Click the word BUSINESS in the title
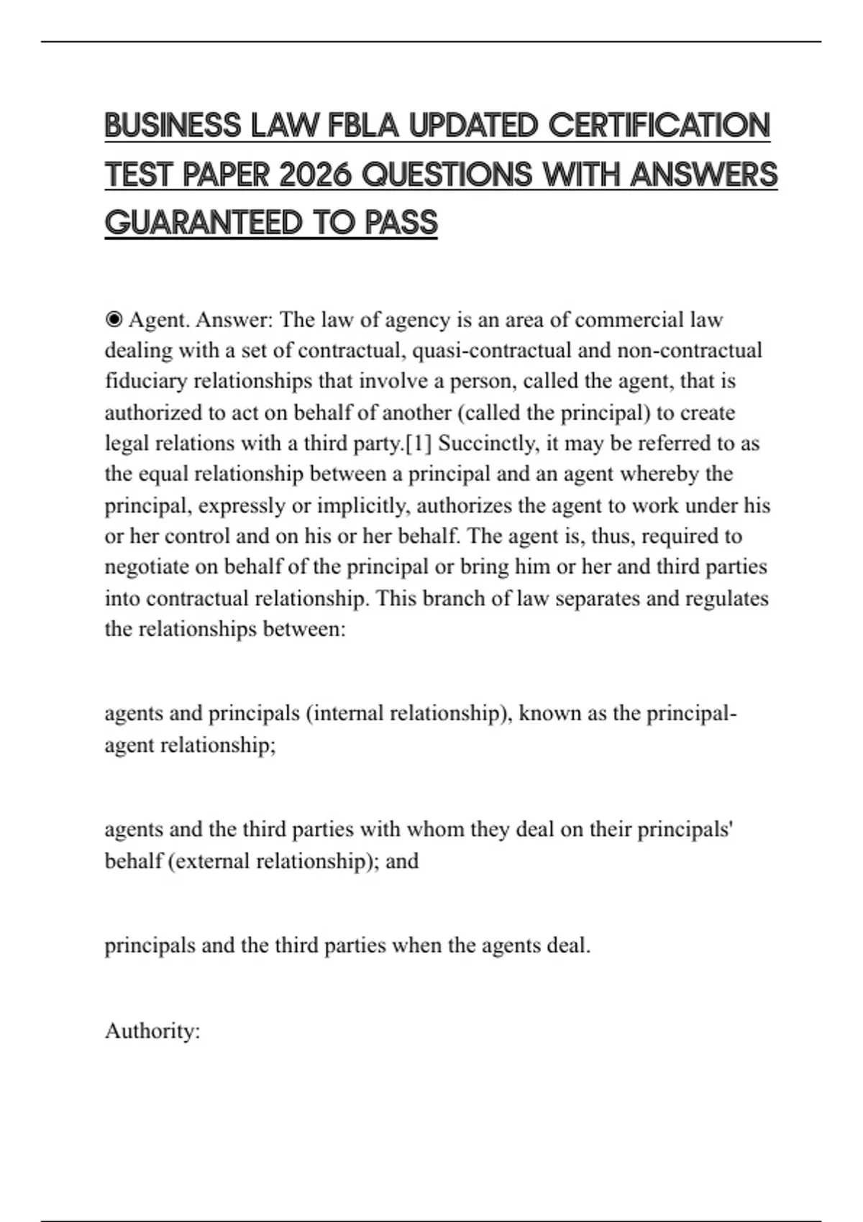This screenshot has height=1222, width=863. [173, 126]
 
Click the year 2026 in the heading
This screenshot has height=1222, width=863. [315, 175]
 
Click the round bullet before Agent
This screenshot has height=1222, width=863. [114, 319]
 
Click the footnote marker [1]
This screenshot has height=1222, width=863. [419, 444]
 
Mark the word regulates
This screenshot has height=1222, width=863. [727, 599]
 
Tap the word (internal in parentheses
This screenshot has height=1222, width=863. [344, 713]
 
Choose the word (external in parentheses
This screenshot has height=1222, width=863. [209, 861]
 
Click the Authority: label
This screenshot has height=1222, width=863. [152, 1032]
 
